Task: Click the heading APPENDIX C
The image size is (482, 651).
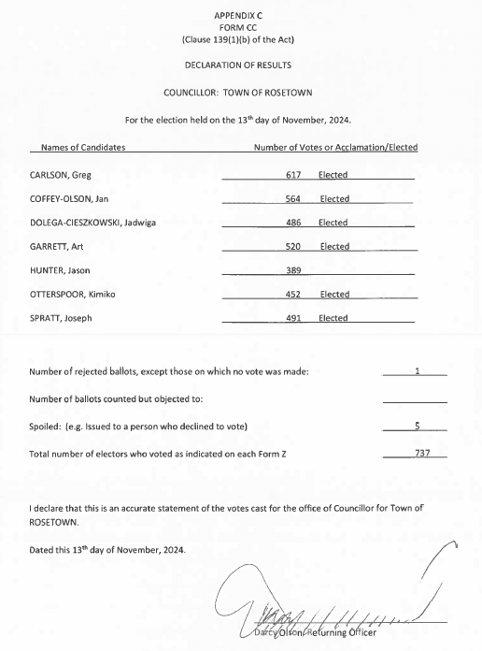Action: [x=240, y=17]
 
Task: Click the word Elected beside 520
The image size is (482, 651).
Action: [x=334, y=247]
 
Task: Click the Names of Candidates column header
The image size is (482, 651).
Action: [x=78, y=148]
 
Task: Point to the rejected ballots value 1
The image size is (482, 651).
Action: [x=417, y=372]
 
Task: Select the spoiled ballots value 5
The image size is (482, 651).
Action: [x=417, y=427]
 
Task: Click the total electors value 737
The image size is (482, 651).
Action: [x=419, y=454]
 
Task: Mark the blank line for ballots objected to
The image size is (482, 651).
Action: [x=415, y=399]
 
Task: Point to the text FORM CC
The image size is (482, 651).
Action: [x=240, y=28]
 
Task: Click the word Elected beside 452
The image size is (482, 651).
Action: [x=334, y=295]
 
